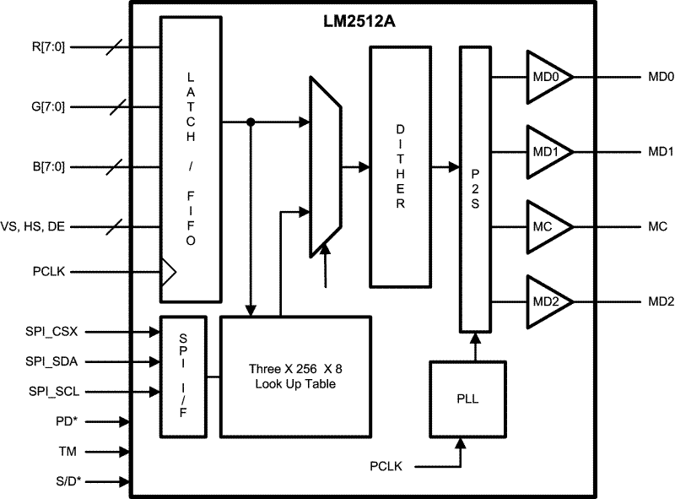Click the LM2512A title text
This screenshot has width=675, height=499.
point(354,22)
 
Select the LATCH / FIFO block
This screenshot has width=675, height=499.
point(192,159)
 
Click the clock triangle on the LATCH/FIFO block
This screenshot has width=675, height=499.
point(168,272)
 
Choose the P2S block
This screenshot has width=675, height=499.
point(474,190)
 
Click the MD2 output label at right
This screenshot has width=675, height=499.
point(660,301)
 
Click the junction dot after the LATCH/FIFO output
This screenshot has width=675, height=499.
point(251,122)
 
